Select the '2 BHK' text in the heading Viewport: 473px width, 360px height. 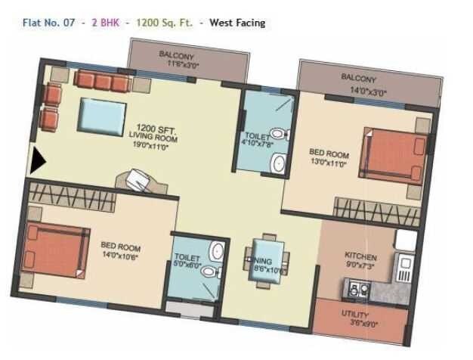point(105,23)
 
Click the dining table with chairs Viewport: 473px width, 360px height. point(268,261)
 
